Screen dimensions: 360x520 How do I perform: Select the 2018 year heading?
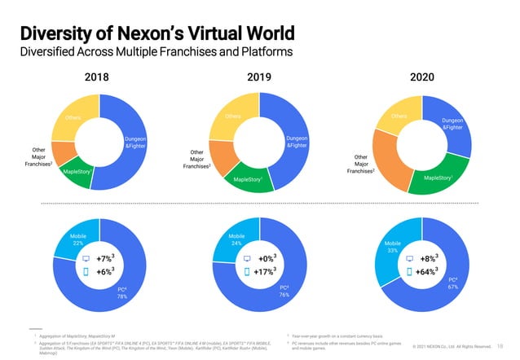tap(98, 77)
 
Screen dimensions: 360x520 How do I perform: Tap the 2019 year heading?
tap(259, 77)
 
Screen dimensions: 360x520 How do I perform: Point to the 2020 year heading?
tap(421, 77)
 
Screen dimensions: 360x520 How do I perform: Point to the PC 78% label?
tap(122, 292)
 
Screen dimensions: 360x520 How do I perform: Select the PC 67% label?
tap(452, 283)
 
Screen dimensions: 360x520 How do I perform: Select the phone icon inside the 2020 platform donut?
tap(410, 272)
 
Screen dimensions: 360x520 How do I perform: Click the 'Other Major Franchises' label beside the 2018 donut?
tap(39, 157)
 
